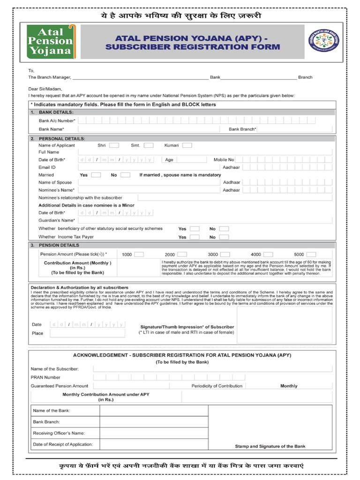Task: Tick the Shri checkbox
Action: tap(114, 145)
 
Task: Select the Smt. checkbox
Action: tap(149, 145)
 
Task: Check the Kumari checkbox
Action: tap(187, 145)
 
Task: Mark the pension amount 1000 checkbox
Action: tap(139, 255)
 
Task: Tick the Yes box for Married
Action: tap(96, 175)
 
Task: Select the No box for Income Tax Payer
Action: tap(224, 237)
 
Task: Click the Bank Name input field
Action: tap(148, 128)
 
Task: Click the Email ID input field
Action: tap(148, 167)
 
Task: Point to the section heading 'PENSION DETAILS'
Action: tap(59, 245)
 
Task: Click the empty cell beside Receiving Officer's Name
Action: tap(154, 433)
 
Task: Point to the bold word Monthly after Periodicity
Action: tap(289, 386)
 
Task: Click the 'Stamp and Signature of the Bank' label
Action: tap(270, 447)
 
